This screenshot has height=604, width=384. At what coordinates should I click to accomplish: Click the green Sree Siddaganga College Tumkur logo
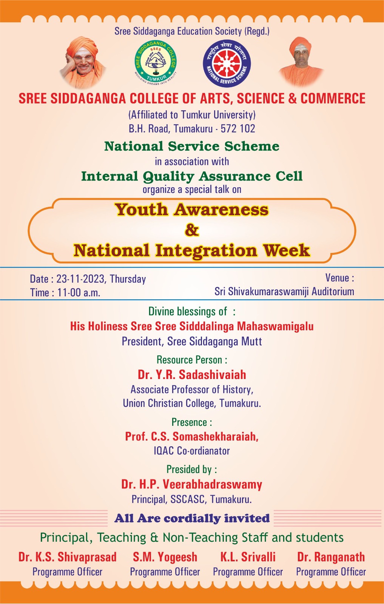coord(156,63)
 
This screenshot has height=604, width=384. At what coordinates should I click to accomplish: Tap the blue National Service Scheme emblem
coord(227,63)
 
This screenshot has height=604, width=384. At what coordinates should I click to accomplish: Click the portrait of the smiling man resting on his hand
coord(83,63)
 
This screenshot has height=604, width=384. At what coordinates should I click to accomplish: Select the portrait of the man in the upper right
coord(301,62)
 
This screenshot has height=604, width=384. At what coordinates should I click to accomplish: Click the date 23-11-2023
coord(80,279)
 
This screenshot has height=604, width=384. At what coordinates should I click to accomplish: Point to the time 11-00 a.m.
coord(79,293)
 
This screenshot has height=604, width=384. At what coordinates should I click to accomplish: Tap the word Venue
coord(337,277)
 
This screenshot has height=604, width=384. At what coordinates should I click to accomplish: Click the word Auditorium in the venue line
coord(333,291)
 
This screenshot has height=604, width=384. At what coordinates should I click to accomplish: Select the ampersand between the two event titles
coord(192,230)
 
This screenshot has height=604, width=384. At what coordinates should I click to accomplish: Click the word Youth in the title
coord(141,210)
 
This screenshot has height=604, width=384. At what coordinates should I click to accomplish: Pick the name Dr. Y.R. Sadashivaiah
coord(192,374)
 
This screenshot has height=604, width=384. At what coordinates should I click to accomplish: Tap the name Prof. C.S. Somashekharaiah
coord(192,436)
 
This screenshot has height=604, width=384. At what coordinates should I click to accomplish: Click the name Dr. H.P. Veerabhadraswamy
coord(192,484)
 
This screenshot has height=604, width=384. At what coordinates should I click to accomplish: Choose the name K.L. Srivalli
coord(248,557)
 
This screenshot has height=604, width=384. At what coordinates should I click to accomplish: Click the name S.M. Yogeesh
coord(165,557)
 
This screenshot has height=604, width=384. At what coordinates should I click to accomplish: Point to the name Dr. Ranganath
coord(331,557)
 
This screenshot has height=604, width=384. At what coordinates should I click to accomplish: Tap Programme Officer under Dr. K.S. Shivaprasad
coord(68,572)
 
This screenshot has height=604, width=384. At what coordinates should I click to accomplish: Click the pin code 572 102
coord(238,129)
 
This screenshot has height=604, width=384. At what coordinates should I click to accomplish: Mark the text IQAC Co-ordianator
coord(192,451)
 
